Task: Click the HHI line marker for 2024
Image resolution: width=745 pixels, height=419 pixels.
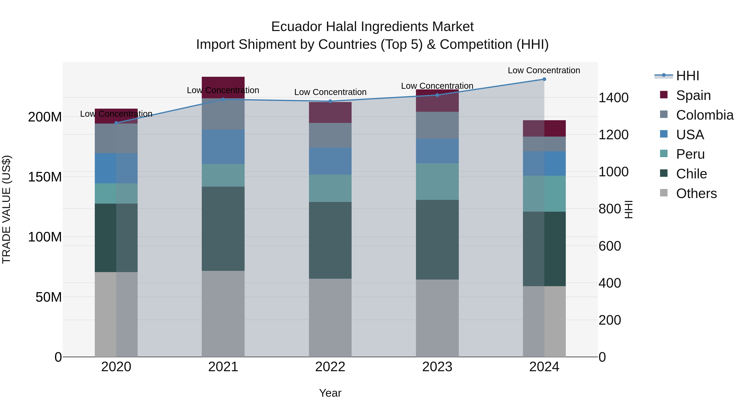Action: point(544,79)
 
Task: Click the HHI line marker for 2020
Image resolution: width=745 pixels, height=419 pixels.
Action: point(116,123)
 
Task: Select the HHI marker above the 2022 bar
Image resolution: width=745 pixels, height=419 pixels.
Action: point(330,101)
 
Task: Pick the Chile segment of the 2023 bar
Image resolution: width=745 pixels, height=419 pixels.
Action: point(437,239)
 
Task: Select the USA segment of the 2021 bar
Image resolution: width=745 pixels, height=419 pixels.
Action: point(223,147)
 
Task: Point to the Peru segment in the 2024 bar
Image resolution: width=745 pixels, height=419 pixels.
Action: point(544,193)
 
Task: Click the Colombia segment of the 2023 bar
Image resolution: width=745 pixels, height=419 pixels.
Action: point(437,125)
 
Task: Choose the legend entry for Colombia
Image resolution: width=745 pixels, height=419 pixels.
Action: point(704,115)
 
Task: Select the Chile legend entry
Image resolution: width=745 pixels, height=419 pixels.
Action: point(691,174)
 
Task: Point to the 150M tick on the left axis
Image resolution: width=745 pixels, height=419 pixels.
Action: point(45,177)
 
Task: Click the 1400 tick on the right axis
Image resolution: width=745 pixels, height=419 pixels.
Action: point(613,98)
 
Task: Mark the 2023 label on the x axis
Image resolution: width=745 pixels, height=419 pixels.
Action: point(437,367)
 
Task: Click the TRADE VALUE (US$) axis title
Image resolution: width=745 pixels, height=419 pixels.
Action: point(6,209)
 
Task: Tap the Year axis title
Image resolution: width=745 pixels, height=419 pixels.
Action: point(330,393)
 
